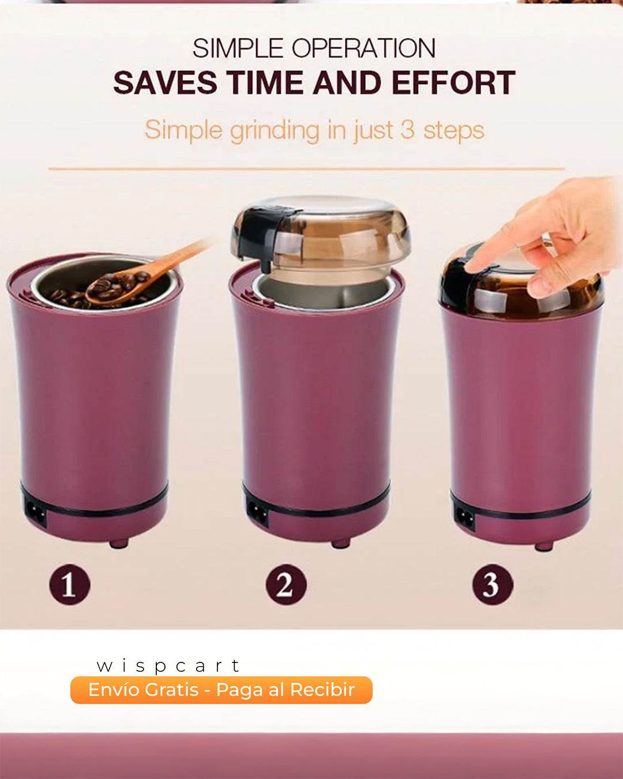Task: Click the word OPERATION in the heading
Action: [363, 48]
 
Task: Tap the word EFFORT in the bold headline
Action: [453, 83]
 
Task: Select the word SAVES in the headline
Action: [165, 83]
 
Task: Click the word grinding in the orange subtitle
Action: [275, 131]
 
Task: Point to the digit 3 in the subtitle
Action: [407, 130]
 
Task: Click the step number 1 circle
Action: [69, 584]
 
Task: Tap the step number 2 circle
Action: [286, 584]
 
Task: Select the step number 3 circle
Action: [492, 584]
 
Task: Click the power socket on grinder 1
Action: [35, 514]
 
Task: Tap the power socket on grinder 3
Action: [464, 518]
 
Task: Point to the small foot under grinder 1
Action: [119, 543]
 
